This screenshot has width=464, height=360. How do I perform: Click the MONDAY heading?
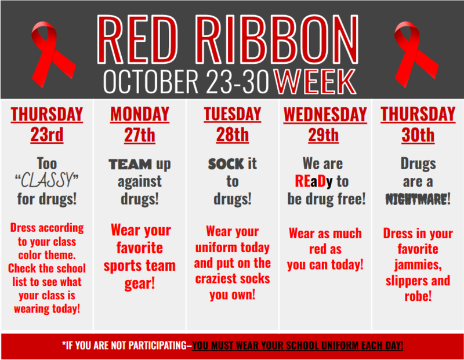pos(140,114)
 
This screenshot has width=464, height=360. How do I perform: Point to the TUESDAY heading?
pos(232,114)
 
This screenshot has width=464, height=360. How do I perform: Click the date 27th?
pos(140,136)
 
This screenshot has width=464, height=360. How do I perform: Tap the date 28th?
pos(232,136)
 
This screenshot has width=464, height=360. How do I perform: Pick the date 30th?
pos(418,136)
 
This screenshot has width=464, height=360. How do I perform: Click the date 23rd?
pos(47,136)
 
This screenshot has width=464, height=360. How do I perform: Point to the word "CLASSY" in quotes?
pos(46,181)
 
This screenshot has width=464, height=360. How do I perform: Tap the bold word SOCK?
pos(226,164)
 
